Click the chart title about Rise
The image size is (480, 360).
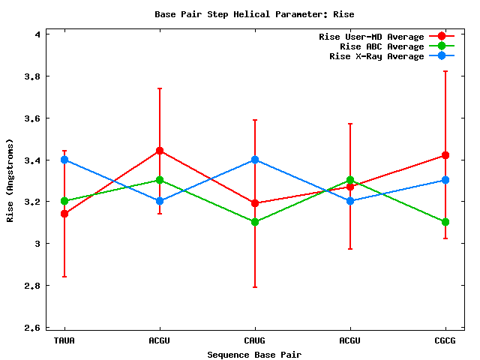coord(254,14)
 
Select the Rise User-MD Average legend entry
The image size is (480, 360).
coord(371,37)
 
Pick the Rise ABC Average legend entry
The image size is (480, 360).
coord(382,46)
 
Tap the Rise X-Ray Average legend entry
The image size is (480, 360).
coord(376,56)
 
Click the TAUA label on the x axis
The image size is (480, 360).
coord(64,340)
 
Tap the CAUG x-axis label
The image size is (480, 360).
coord(255,340)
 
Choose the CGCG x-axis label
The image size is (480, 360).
coord(445,340)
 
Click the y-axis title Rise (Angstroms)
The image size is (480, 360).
coord(10,181)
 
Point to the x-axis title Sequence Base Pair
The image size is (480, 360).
coord(254,354)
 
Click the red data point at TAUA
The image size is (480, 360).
coord(64,214)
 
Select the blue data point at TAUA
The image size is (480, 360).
coord(64,160)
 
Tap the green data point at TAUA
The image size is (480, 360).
coord(64,201)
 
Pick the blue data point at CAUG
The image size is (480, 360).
coord(255,160)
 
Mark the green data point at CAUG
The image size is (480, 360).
coord(255,222)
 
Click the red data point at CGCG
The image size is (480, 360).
coord(445,155)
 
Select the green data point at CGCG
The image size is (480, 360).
coord(445,222)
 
